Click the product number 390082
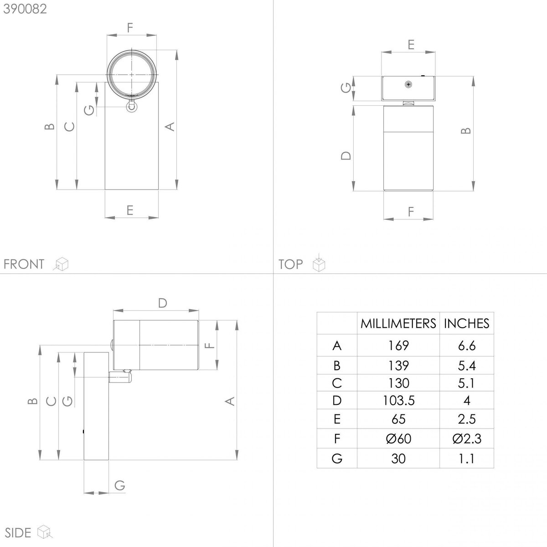tap(25, 9)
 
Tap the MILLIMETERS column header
tap(398, 324)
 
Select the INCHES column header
tap(467, 324)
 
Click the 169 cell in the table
tap(398, 346)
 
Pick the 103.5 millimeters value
tap(398, 401)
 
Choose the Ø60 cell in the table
tap(398, 439)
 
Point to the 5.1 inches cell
tap(466, 383)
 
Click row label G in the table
tap(337, 459)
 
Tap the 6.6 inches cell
tap(466, 346)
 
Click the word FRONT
tap(24, 264)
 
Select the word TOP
tap(290, 264)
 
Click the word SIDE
tap(18, 533)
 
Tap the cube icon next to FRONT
tap(61, 264)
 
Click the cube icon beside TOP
tap(319, 263)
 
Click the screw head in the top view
tap(408, 84)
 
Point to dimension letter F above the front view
tap(130, 27)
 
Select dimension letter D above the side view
tap(163, 303)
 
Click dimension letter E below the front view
tap(130, 210)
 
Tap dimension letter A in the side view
tap(230, 401)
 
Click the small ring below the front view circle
tap(131, 107)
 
